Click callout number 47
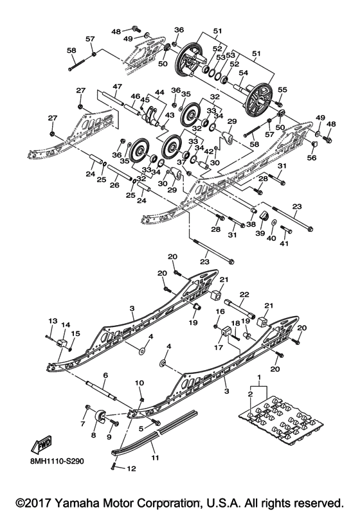tap(117, 86)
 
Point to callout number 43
tap(169, 115)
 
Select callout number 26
tap(115, 186)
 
